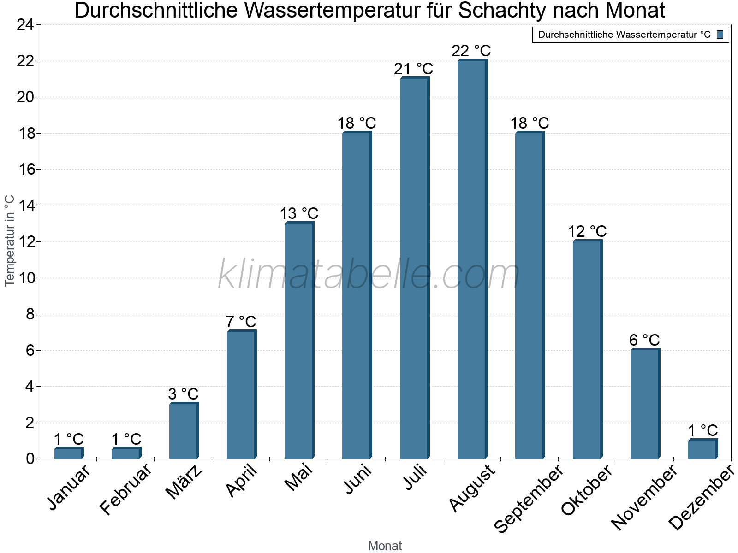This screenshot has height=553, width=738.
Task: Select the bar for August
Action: point(471,259)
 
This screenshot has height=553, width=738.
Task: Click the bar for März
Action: point(183,431)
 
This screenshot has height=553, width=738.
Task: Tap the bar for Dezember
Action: point(702,449)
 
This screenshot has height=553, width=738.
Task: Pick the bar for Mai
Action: point(298,341)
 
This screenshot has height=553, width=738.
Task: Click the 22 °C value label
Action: point(471,51)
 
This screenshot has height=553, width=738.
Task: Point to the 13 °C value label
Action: point(299,214)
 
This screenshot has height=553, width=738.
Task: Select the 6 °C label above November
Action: point(644,341)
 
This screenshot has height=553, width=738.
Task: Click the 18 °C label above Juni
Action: point(357,124)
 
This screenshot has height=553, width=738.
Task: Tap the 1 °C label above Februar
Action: point(126,440)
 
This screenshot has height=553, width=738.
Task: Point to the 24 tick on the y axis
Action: point(25,25)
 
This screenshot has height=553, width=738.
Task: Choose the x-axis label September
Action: point(529,498)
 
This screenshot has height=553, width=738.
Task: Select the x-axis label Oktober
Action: point(587,490)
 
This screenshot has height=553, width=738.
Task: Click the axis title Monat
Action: point(385,546)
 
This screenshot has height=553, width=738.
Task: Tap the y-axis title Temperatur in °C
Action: point(10,241)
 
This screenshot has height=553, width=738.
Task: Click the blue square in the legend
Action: point(720,35)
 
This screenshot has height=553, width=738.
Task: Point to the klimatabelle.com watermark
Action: point(369,275)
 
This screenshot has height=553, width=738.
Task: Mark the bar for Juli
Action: point(414,268)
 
